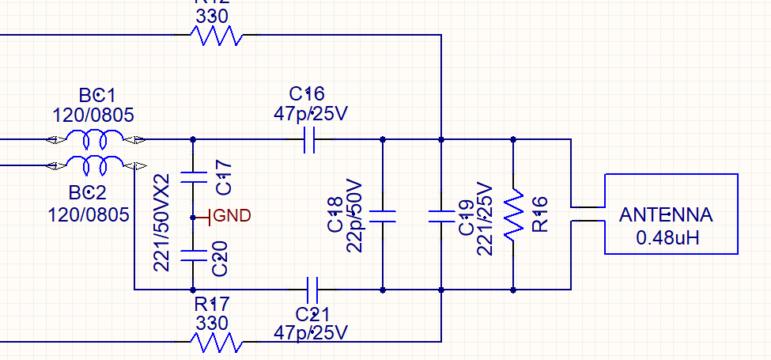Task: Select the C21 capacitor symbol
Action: [310, 282]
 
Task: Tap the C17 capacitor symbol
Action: [193, 176]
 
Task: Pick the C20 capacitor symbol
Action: [193, 255]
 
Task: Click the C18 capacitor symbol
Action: [383, 216]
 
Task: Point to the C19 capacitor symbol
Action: [440, 216]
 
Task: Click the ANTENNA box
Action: [671, 214]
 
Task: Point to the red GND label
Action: [232, 215]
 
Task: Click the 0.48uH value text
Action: [666, 237]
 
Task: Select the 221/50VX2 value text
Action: [163, 223]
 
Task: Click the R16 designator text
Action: [541, 214]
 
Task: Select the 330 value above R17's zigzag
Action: [211, 323]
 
